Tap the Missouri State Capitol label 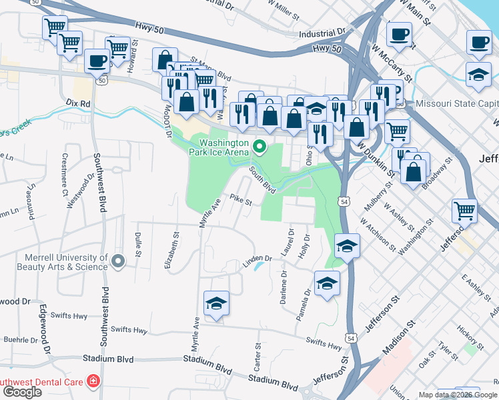pos(456,103)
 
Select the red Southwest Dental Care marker pos(93,382)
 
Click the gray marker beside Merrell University pos(118,261)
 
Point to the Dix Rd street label pos(79,104)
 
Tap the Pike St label pos(241,199)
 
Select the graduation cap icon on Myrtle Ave pos(216,304)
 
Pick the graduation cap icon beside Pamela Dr pos(327,284)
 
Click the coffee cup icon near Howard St pos(97,61)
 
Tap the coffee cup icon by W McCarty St pos(399,34)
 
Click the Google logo pos(22,392)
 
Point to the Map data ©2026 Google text pos(458,394)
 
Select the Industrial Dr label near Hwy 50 pos(322,32)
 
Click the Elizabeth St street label pos(172,250)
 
